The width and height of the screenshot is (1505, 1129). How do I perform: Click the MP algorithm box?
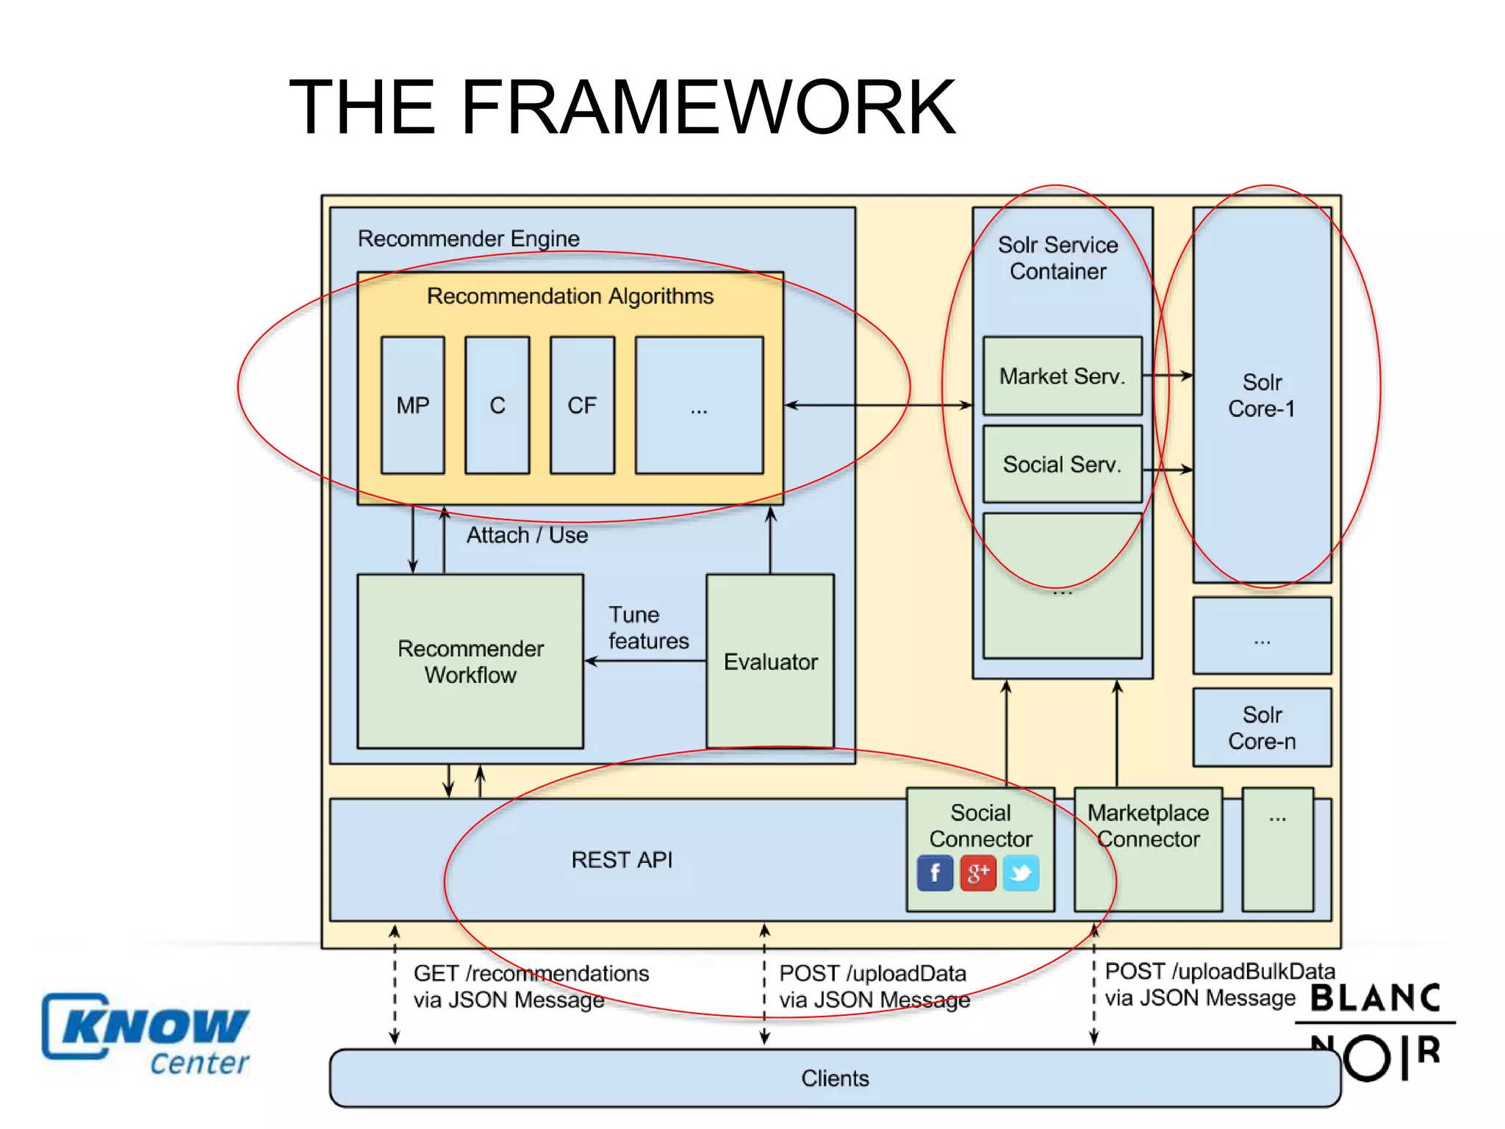coord(412,405)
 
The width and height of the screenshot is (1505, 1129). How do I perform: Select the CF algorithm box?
coord(582,405)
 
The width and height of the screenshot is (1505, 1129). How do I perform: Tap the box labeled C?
coord(498,405)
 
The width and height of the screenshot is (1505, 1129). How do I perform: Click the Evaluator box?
coord(770,662)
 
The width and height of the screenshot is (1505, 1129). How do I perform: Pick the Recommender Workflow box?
coord(470,662)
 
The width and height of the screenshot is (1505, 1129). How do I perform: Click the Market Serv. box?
coord(1062,376)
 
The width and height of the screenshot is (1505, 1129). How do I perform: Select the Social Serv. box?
coord(1062,465)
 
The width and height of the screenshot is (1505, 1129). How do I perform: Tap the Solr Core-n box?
coord(1262,728)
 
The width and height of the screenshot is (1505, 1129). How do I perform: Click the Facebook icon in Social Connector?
coord(935,873)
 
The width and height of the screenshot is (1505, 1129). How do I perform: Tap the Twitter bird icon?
coord(1021,873)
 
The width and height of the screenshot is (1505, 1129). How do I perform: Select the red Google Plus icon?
coord(978,873)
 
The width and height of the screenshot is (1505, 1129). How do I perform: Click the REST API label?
coord(622,859)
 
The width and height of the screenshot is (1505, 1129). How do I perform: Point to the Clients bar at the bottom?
coord(835,1078)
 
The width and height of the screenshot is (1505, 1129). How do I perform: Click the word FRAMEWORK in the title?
coord(708,108)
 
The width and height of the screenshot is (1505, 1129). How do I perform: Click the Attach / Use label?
coord(527,535)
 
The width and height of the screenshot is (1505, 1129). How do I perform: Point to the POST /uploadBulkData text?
coord(1220,972)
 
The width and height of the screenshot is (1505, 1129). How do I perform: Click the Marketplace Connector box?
coord(1148,849)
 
